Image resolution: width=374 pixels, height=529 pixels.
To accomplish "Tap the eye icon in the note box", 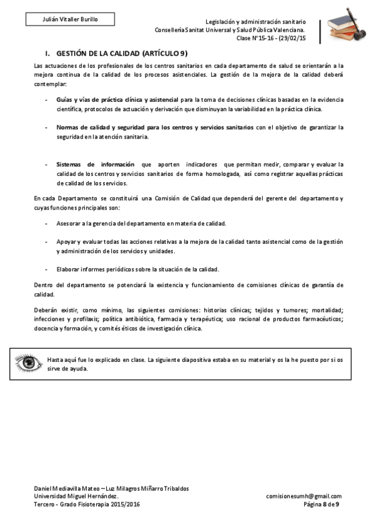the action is point(28,363).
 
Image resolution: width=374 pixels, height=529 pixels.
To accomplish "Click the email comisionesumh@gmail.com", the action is point(303,497).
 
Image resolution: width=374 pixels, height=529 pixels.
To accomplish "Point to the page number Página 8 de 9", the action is point(321,504).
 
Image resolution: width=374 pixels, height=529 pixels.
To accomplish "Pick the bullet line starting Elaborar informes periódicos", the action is point(137,269).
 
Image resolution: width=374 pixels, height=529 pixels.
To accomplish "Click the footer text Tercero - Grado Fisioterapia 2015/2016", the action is point(87,504).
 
